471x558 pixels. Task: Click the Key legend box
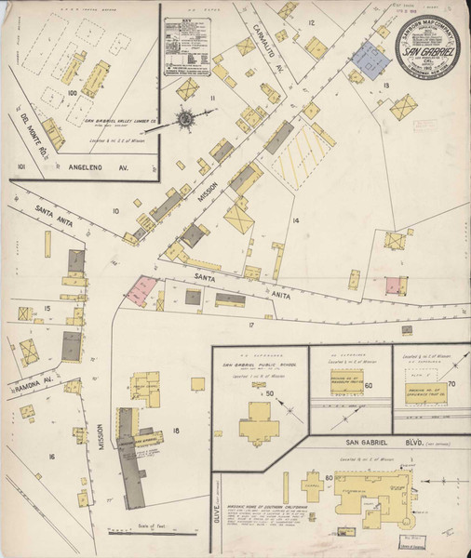tap(189, 45)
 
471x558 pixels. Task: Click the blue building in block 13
tap(371, 62)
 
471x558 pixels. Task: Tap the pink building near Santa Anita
tap(141, 290)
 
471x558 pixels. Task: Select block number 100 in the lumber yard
tap(71, 93)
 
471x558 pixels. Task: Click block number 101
tap(20, 167)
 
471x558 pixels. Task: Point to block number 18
tap(175, 430)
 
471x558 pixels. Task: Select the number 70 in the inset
tap(452, 382)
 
